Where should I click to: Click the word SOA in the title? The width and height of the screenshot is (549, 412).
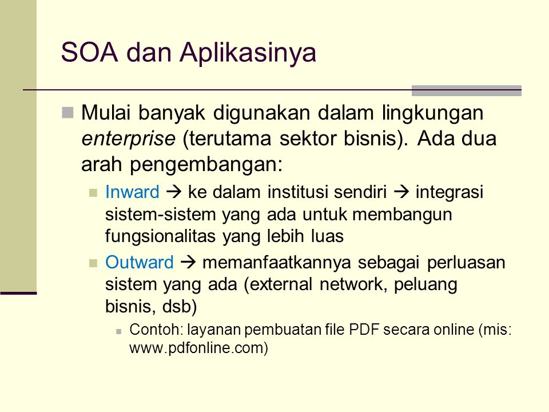point(90,53)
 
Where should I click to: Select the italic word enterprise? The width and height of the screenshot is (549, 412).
point(128,138)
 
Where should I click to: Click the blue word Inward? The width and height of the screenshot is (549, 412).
point(132,192)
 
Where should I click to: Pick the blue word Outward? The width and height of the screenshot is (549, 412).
point(140,263)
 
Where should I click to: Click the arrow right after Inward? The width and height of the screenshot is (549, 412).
point(174,192)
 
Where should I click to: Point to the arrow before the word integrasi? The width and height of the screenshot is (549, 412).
point(401,192)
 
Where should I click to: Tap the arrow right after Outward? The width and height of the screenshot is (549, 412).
point(188,263)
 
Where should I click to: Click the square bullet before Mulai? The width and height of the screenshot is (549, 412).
point(67,113)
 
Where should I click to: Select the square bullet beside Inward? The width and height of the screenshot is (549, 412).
point(93,193)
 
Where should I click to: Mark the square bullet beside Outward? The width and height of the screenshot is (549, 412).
point(93,263)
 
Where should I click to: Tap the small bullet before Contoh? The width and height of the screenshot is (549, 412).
point(119,331)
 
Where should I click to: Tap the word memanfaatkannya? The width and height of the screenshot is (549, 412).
point(277,263)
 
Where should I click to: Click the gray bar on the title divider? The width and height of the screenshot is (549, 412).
point(467,90)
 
